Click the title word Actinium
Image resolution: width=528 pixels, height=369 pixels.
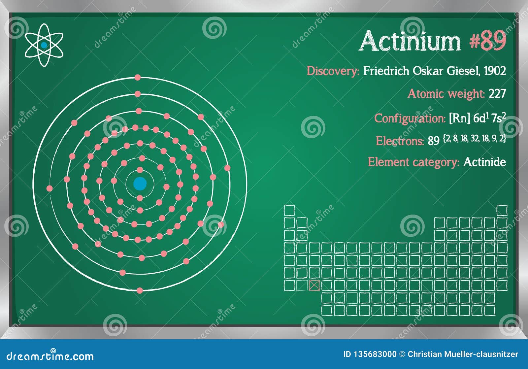coord(410,41)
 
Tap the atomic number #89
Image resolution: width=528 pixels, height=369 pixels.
coord(488,41)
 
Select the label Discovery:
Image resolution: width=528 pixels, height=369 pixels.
coord(333,71)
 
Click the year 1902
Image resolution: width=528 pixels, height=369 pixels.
coord(495,71)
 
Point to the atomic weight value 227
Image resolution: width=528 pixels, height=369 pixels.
coord(497,94)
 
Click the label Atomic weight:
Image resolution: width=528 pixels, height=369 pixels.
coord(446,94)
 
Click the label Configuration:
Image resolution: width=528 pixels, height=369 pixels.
coord(410,118)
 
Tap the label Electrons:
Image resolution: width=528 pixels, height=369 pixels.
coord(400,141)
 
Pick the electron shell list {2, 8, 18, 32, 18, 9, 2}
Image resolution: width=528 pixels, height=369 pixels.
coord(475,139)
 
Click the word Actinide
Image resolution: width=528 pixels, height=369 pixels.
coord(484,162)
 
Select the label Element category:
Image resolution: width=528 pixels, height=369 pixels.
coord(413,162)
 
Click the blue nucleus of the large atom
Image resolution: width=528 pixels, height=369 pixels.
coord(140,184)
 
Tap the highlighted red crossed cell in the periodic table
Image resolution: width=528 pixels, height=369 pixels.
coord(314,285)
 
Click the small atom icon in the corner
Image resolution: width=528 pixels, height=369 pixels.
coord(44,45)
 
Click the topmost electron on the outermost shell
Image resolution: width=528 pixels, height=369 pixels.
coord(138,78)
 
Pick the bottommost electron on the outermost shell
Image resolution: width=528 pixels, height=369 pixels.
coord(140,290)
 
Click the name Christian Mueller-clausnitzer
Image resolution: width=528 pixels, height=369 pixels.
coord(463,354)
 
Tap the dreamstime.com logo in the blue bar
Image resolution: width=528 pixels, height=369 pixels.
coord(50,356)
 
